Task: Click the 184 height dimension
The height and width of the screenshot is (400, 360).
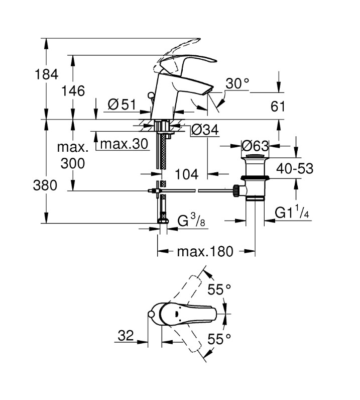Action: [46, 74]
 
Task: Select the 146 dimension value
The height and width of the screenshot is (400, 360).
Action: [73, 91]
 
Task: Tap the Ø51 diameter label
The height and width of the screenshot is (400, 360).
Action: [122, 105]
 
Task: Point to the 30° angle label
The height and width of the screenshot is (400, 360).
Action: [237, 83]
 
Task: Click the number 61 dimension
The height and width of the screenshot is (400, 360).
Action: [278, 107]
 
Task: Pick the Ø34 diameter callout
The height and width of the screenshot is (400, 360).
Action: [205, 130]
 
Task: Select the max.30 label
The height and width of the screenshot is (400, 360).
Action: [124, 144]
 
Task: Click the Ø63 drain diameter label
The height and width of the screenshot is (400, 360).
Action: [255, 146]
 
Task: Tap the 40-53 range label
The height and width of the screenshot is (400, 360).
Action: [295, 169]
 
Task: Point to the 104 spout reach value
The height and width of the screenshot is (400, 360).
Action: [187, 174]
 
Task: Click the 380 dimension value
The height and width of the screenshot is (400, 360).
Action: [45, 185]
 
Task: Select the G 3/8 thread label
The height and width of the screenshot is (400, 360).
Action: [191, 221]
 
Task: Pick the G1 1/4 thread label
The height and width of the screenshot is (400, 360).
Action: [292, 212]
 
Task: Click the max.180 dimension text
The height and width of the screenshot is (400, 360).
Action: [205, 251]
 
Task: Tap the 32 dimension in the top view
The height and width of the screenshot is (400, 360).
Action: [126, 336]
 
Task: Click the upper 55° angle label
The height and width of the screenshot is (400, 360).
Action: [219, 289]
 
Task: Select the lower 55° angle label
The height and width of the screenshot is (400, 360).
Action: [219, 339]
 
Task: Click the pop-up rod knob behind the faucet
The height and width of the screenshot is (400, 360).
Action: [151, 95]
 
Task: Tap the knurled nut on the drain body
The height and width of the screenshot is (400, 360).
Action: [236, 191]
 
